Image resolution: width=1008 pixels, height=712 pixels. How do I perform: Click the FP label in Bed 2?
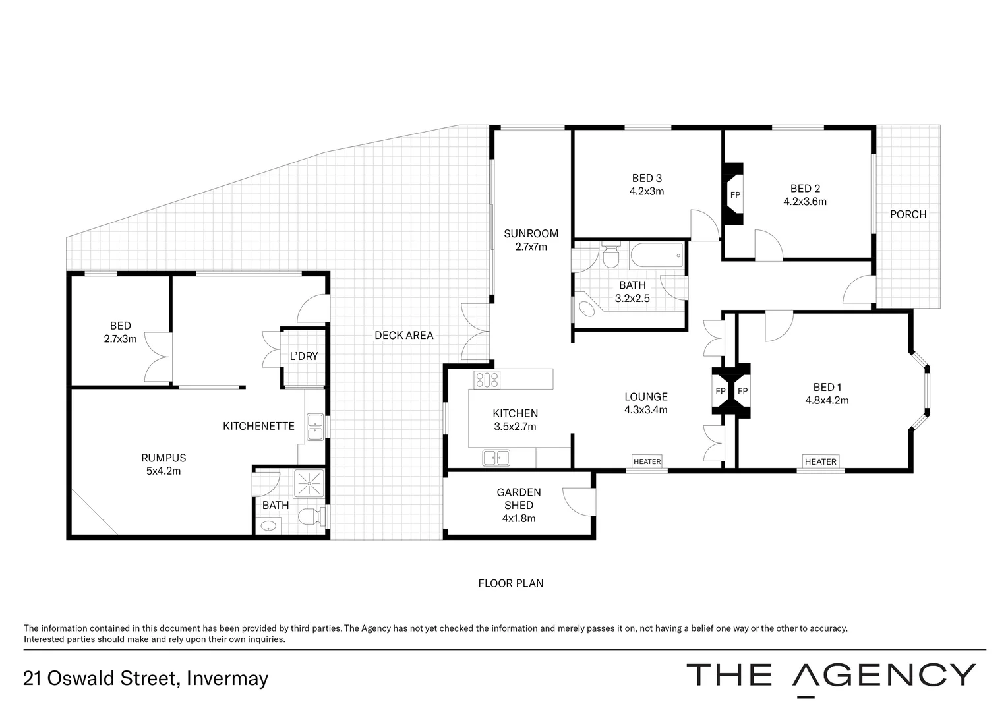(734, 195)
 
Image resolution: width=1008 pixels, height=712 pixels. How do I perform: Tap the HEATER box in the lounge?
(646, 461)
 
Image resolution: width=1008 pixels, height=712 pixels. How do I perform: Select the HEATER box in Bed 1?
(820, 461)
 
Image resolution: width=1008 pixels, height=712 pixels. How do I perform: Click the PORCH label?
(908, 214)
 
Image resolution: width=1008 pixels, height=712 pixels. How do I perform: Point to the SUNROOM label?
(531, 233)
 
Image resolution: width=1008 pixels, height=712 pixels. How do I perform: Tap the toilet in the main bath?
(611, 256)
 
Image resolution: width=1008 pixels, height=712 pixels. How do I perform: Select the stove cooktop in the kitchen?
(487, 379)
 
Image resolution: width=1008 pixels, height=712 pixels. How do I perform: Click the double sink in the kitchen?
(496, 457)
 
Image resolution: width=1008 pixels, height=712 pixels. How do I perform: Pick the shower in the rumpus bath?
(309, 483)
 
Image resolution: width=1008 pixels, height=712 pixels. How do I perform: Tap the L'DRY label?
(304, 356)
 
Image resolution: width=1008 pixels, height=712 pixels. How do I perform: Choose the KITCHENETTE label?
(258, 426)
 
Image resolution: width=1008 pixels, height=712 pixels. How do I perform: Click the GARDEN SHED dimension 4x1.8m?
(518, 518)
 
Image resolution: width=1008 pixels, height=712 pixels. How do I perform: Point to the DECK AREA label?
(403, 335)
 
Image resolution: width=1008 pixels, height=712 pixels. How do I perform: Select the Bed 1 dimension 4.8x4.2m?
(827, 400)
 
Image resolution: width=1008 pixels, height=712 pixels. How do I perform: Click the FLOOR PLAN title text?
(510, 583)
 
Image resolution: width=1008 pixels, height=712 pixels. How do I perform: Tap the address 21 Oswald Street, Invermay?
(146, 678)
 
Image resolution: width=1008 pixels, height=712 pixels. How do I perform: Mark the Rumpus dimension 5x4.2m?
(163, 471)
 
